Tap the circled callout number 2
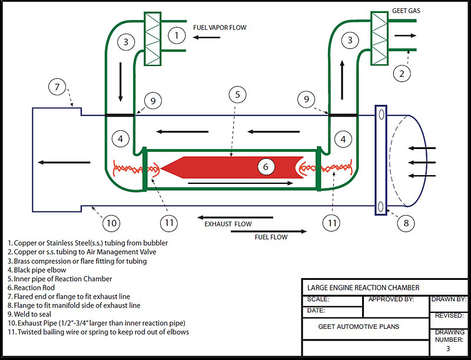[x=402, y=74]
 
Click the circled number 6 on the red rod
[x=266, y=167]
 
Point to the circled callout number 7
[x=57, y=88]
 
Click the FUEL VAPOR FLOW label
[x=220, y=28]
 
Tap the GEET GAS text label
[x=407, y=11]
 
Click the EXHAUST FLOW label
[x=228, y=224]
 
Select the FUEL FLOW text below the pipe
[x=271, y=237]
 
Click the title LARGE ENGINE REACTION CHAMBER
[x=364, y=288]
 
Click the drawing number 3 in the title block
[x=447, y=349]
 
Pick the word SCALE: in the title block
[x=319, y=299]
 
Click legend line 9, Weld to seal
[x=30, y=314]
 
